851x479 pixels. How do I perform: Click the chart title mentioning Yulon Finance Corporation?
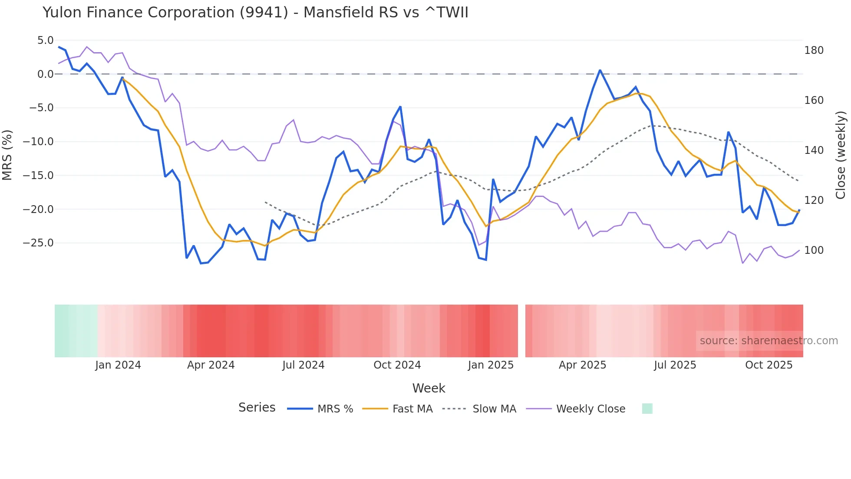[255, 13]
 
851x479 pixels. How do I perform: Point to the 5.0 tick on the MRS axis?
[45, 40]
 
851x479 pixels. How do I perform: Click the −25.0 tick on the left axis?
[38, 243]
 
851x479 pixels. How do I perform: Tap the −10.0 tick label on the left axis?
[38, 142]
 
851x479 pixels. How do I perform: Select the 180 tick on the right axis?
[814, 50]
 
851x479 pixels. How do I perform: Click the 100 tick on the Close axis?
[814, 250]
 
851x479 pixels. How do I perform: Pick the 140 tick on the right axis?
[814, 150]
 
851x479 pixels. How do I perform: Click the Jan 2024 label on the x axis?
[118, 365]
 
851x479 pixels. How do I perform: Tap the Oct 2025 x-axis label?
[769, 365]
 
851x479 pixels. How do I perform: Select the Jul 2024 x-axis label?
[303, 365]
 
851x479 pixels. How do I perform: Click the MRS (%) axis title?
[7, 155]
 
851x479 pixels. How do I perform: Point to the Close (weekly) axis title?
[841, 155]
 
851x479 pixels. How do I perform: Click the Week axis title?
[429, 388]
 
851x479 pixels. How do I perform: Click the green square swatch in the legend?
[647, 409]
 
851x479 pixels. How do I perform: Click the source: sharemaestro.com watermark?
[769, 341]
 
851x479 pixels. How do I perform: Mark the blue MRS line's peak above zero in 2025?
[600, 70]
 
